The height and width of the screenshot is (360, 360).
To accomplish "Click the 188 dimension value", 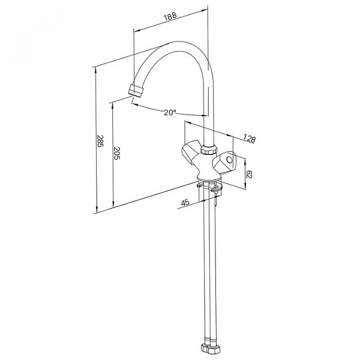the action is click(x=170, y=16).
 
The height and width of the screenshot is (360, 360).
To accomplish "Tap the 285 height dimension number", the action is click(x=100, y=141).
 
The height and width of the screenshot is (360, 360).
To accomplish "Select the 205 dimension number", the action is click(x=117, y=154).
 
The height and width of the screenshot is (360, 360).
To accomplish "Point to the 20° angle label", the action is click(x=170, y=113).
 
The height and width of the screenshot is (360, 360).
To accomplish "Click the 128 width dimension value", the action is click(x=249, y=139).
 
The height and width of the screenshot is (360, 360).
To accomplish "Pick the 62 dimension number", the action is click(x=249, y=174).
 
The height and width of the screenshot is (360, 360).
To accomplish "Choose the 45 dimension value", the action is click(x=185, y=203).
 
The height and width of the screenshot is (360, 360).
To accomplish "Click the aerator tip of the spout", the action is click(x=136, y=91).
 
